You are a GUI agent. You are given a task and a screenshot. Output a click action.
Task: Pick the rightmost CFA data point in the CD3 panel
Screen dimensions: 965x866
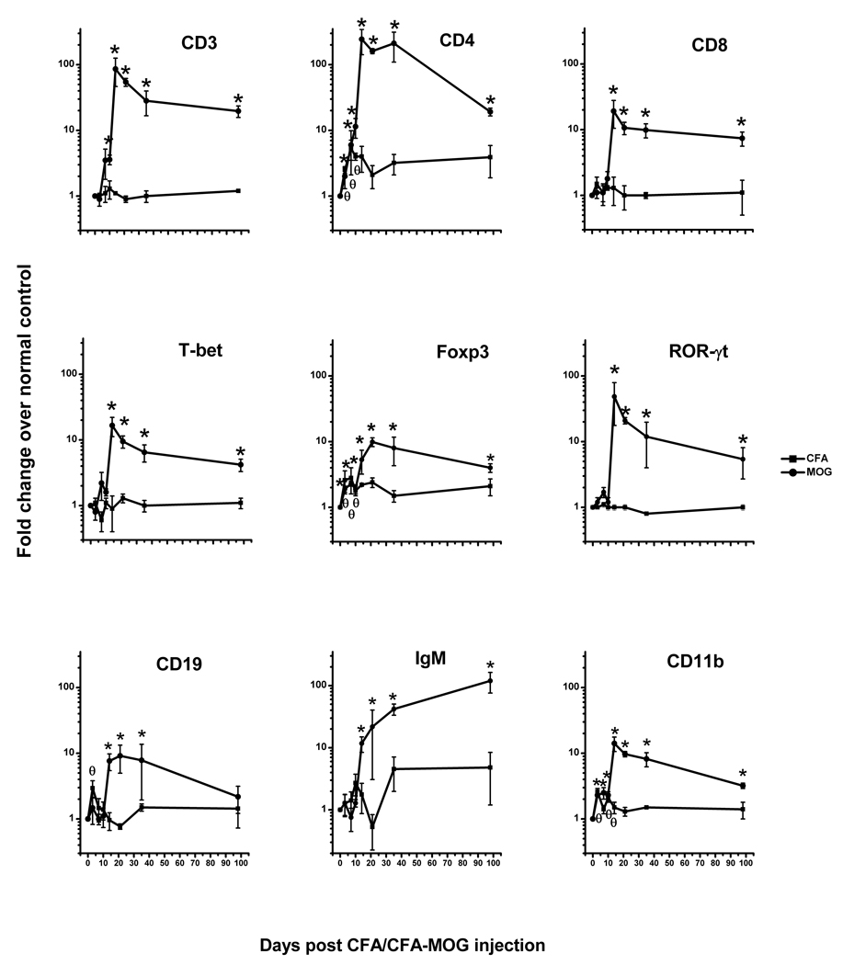pos(239,190)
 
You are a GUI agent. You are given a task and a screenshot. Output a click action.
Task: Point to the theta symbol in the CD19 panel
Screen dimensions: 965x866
pos(92,771)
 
